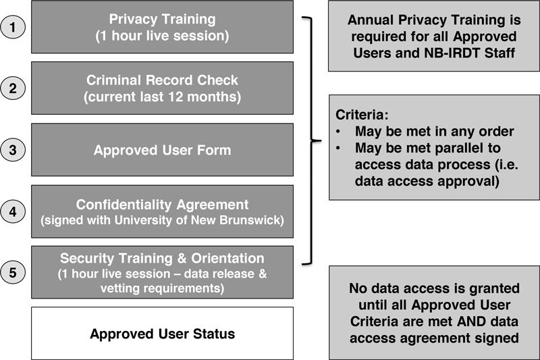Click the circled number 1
(x=13, y=27)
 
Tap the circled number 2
(x=13, y=88)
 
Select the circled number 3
(x=13, y=150)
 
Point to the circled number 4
(x=13, y=211)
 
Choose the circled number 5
(x=13, y=272)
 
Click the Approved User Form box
(x=162, y=150)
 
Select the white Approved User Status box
(x=162, y=334)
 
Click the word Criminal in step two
(x=113, y=80)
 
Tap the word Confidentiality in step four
(x=124, y=205)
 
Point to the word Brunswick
(x=252, y=220)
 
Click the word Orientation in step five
(x=227, y=259)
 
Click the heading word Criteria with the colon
(x=362, y=115)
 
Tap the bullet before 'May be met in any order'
(x=338, y=132)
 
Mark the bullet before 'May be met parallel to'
(x=338, y=148)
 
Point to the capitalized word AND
(x=471, y=322)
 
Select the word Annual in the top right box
(x=371, y=20)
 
